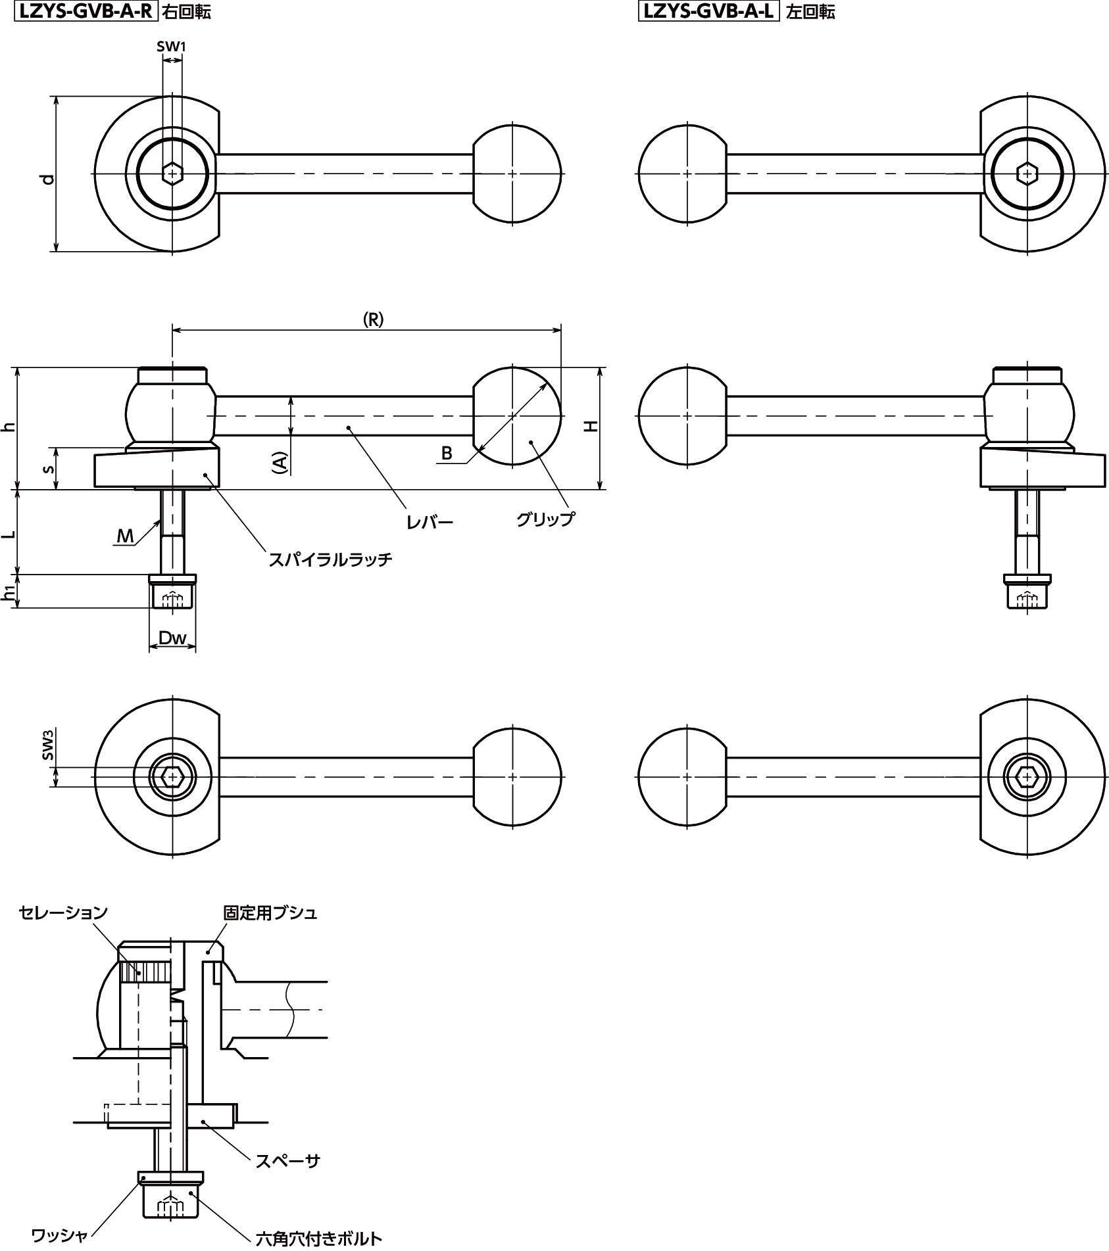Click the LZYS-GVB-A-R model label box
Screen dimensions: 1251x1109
click(84, 11)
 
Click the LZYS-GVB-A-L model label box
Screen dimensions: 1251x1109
click(708, 11)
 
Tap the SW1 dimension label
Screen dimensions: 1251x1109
click(172, 47)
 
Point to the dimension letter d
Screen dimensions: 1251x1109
click(47, 179)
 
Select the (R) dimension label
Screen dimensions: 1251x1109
click(373, 319)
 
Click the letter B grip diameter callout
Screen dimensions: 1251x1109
click(447, 453)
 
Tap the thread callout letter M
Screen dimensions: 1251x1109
click(125, 536)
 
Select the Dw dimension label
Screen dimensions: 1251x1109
click(173, 637)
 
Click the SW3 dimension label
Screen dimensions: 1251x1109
click(48, 747)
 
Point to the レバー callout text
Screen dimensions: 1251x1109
click(430, 523)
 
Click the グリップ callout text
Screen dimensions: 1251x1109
click(545, 519)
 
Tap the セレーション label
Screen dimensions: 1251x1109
click(63, 912)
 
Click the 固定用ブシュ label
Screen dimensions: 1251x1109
click(270, 913)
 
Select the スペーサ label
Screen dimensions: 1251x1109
click(287, 1160)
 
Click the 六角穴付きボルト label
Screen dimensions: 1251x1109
click(319, 1239)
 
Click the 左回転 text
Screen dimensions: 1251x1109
click(810, 12)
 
